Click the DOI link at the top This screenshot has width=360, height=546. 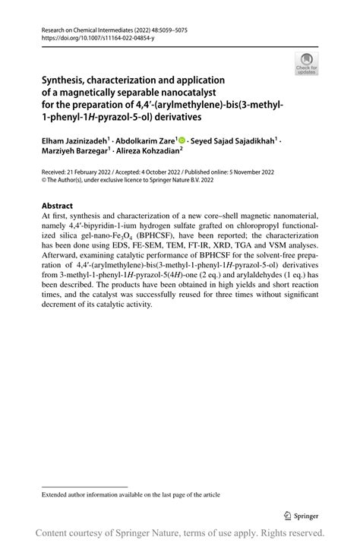(87, 37)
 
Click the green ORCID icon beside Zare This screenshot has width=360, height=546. (182, 140)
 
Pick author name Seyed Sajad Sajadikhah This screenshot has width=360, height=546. (232, 140)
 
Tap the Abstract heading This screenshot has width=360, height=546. (58, 206)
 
